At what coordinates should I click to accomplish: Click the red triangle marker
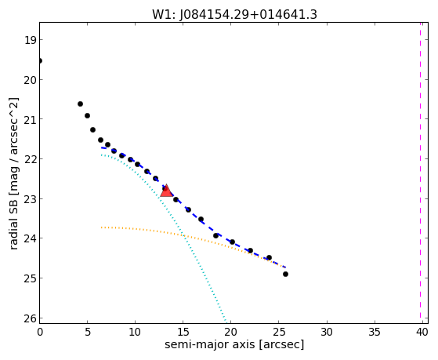(x=166, y=191)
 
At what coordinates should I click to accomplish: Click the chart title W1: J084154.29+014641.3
(x=234, y=15)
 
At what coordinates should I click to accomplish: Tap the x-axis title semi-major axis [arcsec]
(x=234, y=344)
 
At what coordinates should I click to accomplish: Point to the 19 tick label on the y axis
(x=30, y=40)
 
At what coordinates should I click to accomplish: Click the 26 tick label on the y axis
(x=30, y=318)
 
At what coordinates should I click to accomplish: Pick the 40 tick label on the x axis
(x=422, y=332)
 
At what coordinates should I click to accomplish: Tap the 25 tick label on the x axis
(x=278, y=332)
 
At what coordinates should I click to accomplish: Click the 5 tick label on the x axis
(x=88, y=332)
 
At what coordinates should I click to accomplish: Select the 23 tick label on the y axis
(x=30, y=199)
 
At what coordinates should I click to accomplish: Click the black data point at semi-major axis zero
(x=40, y=60)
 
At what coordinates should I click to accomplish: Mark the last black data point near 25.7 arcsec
(x=285, y=275)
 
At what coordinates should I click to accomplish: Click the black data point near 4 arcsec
(x=80, y=104)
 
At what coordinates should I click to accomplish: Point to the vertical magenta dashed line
(x=420, y=173)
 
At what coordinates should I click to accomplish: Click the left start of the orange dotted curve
(x=102, y=227)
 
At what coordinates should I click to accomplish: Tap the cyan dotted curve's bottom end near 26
(x=226, y=320)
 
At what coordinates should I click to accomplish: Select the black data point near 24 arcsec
(x=269, y=257)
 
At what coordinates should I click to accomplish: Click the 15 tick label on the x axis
(x=183, y=332)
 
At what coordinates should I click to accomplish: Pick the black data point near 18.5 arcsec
(x=215, y=236)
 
